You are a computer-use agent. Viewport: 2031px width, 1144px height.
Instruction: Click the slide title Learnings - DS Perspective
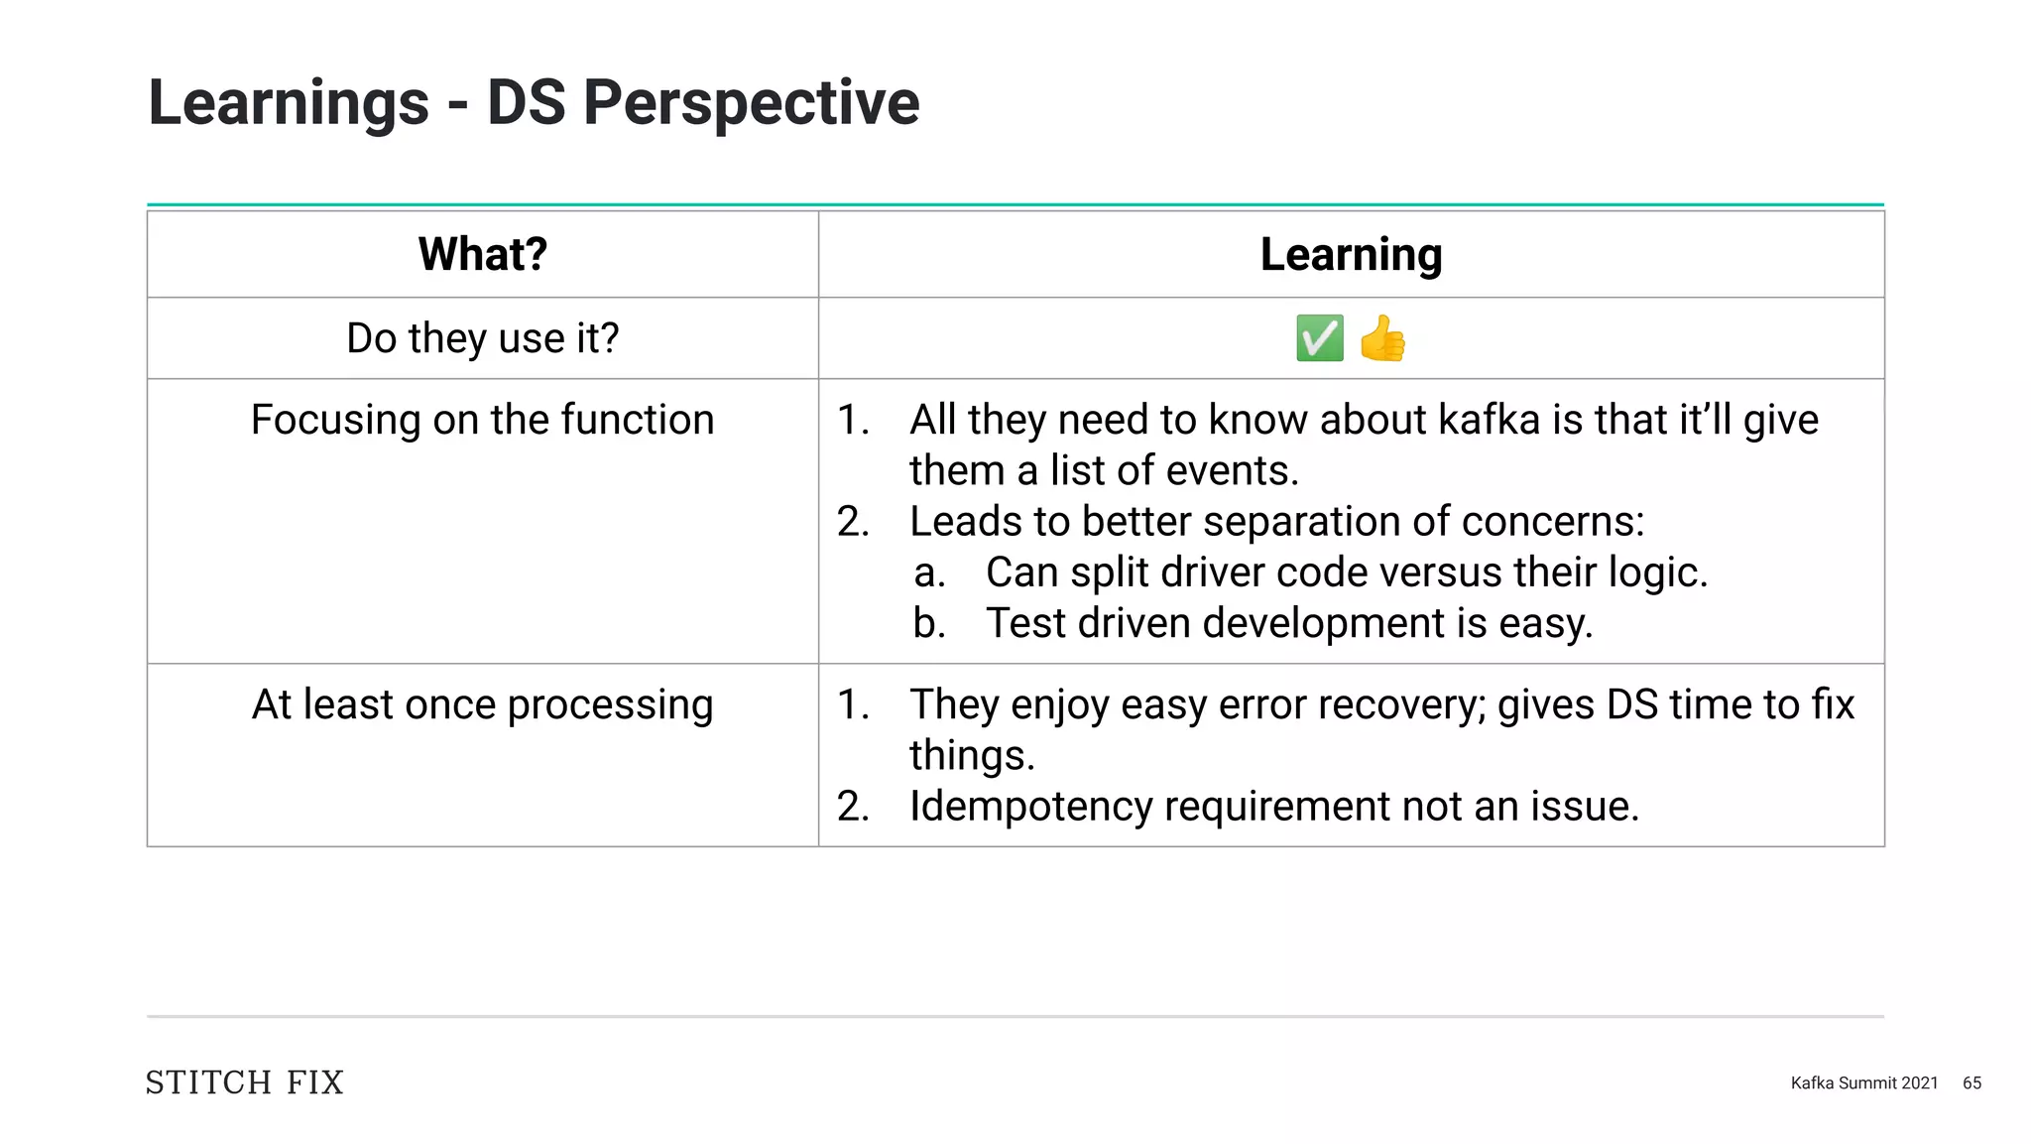click(x=534, y=103)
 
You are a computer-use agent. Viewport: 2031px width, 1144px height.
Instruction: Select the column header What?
click(x=483, y=255)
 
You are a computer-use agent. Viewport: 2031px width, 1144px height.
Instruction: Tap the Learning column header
click(x=1351, y=255)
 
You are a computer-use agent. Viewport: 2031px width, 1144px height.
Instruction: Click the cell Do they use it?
click(x=483, y=338)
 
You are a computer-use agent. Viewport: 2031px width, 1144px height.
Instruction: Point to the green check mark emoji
click(x=1320, y=339)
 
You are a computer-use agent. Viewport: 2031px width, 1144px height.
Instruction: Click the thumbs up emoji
click(x=1382, y=339)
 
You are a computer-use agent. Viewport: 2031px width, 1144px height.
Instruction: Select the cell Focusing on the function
click(x=483, y=420)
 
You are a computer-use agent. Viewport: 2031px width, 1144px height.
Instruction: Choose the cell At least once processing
click(x=483, y=704)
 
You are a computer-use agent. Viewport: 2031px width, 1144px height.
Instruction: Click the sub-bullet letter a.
click(x=929, y=573)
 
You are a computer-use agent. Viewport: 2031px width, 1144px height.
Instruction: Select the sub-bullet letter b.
click(x=929, y=624)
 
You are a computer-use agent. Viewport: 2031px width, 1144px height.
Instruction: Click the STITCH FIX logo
click(x=245, y=1082)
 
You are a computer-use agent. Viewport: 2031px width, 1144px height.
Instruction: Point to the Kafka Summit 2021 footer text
click(x=1863, y=1083)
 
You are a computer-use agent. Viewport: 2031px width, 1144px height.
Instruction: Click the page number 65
click(x=1971, y=1083)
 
